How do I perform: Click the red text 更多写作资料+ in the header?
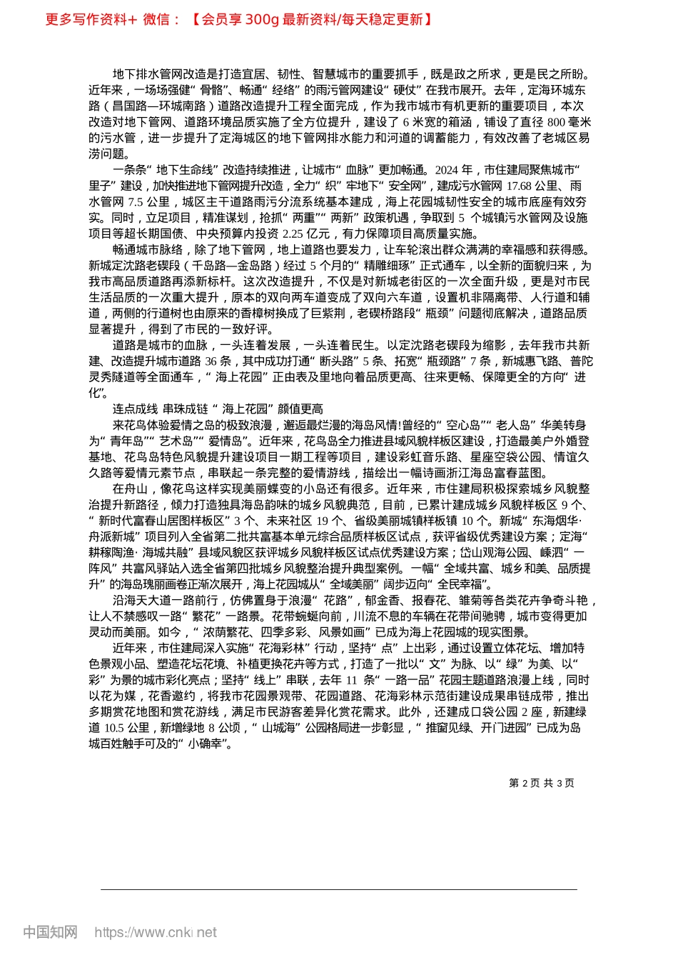point(91,19)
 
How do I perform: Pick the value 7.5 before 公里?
point(136,201)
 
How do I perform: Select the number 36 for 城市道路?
point(212,361)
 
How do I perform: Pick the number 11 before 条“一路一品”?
point(351,681)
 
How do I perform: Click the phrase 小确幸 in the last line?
point(211,744)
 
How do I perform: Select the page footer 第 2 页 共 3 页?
point(542,783)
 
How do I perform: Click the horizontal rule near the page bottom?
point(339,889)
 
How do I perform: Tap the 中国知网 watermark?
point(50,932)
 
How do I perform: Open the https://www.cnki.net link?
point(156,932)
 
